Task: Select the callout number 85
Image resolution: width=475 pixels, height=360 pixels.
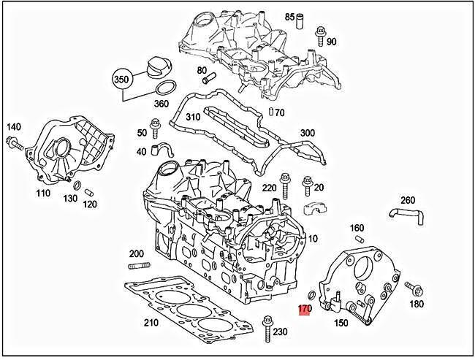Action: tap(290, 16)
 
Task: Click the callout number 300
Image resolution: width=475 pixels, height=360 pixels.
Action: tap(307, 133)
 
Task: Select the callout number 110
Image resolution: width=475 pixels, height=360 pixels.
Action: tap(43, 194)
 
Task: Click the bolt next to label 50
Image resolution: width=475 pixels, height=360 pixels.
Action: tap(155, 129)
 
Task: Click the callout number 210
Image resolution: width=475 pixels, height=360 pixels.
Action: tap(151, 322)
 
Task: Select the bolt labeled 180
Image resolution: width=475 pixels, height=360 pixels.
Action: tap(408, 287)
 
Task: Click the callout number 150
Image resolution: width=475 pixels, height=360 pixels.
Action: tap(341, 323)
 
